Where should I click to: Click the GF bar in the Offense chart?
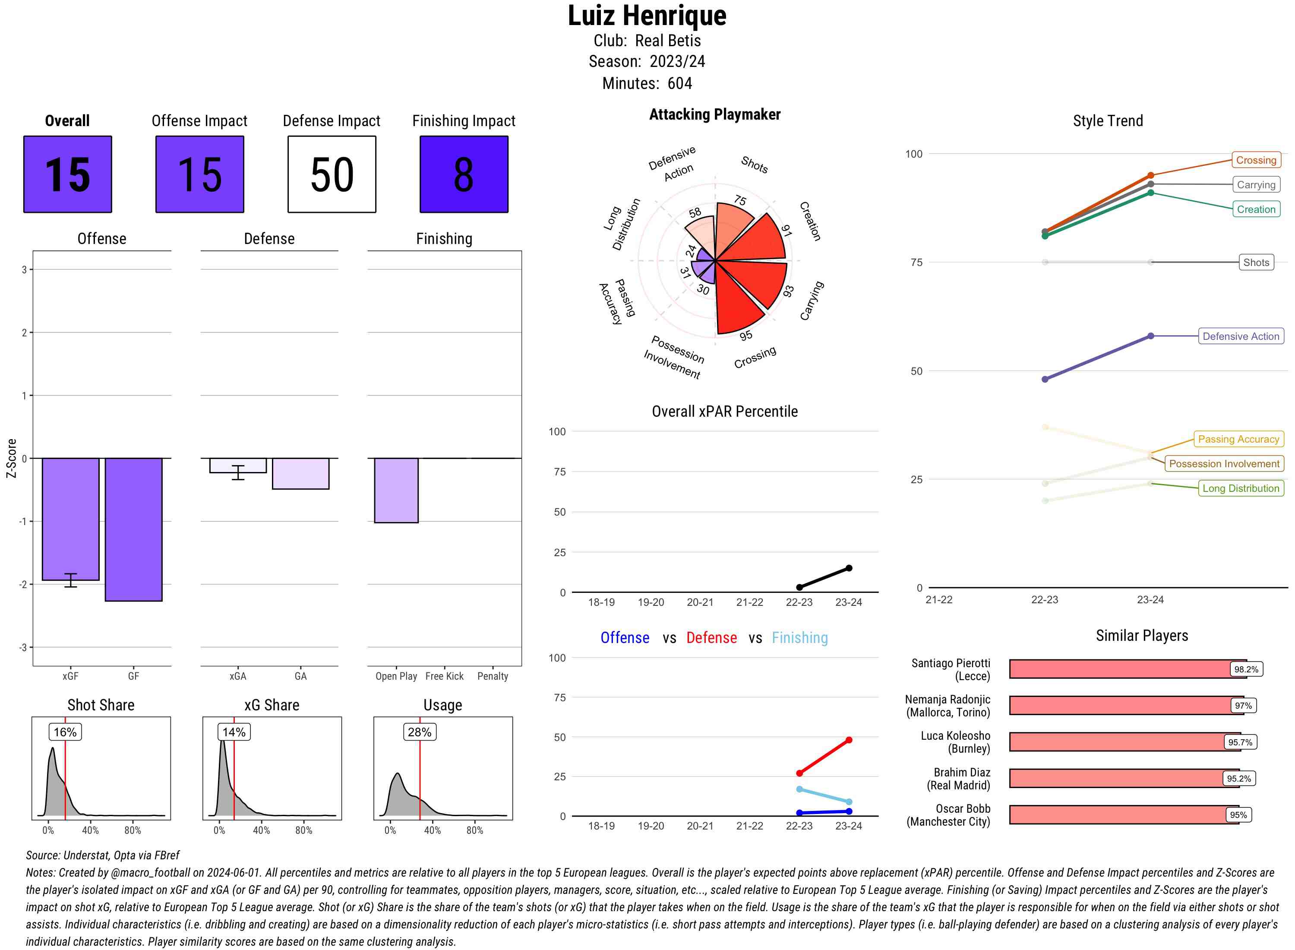[133, 529]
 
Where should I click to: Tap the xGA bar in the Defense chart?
[238, 465]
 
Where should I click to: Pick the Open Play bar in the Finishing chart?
[396, 490]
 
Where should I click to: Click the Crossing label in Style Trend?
[1255, 160]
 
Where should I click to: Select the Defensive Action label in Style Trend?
[1241, 336]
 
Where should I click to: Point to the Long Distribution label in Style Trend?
[1241, 488]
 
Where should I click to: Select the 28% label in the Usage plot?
[419, 732]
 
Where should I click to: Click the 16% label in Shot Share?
[65, 732]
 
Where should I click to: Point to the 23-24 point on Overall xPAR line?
[848, 568]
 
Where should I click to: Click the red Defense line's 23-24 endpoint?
[848, 740]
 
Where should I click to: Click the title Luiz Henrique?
[647, 16]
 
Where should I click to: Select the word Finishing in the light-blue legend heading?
[799, 638]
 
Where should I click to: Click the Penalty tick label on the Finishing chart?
[493, 676]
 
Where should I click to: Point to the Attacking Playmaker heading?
[714, 114]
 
